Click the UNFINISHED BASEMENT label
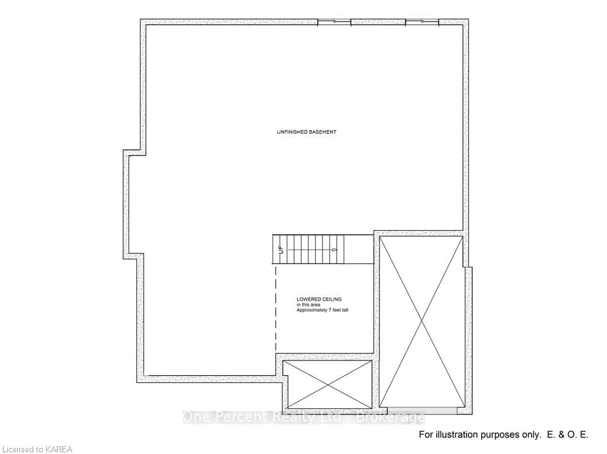pyautogui.click(x=306, y=132)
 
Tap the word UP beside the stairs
pyautogui.click(x=281, y=250)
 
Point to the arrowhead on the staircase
pyautogui.click(x=335, y=250)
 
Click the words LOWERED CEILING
pyautogui.click(x=319, y=300)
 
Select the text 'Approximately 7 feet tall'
pyautogui.click(x=322, y=310)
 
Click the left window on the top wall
pyautogui.click(x=334, y=22)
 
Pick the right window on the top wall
pyautogui.click(x=422, y=22)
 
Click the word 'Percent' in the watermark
pyautogui.click(x=235, y=417)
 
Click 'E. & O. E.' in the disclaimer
pyautogui.click(x=566, y=435)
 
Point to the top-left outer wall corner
pyautogui.click(x=143, y=22)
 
